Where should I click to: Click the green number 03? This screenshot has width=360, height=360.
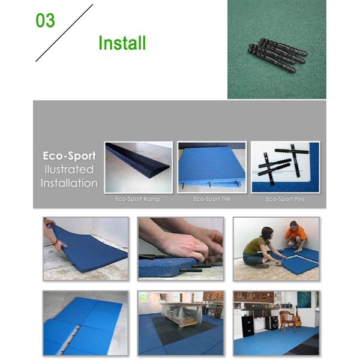(45, 20)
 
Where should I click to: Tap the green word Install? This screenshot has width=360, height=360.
(122, 43)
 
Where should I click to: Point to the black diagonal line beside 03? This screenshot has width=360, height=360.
(64, 33)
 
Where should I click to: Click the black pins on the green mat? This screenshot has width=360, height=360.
(278, 55)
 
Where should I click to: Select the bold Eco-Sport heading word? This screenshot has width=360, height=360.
(70, 156)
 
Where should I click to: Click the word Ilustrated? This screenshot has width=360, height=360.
(69, 169)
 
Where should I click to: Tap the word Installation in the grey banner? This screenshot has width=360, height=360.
(69, 183)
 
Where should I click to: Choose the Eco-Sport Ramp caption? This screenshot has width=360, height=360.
(137, 199)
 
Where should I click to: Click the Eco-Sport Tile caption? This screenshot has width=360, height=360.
(212, 199)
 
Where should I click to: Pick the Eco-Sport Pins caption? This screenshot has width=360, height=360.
(285, 199)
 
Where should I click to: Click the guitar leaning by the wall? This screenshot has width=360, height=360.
(298, 316)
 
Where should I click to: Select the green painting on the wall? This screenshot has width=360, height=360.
(304, 299)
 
